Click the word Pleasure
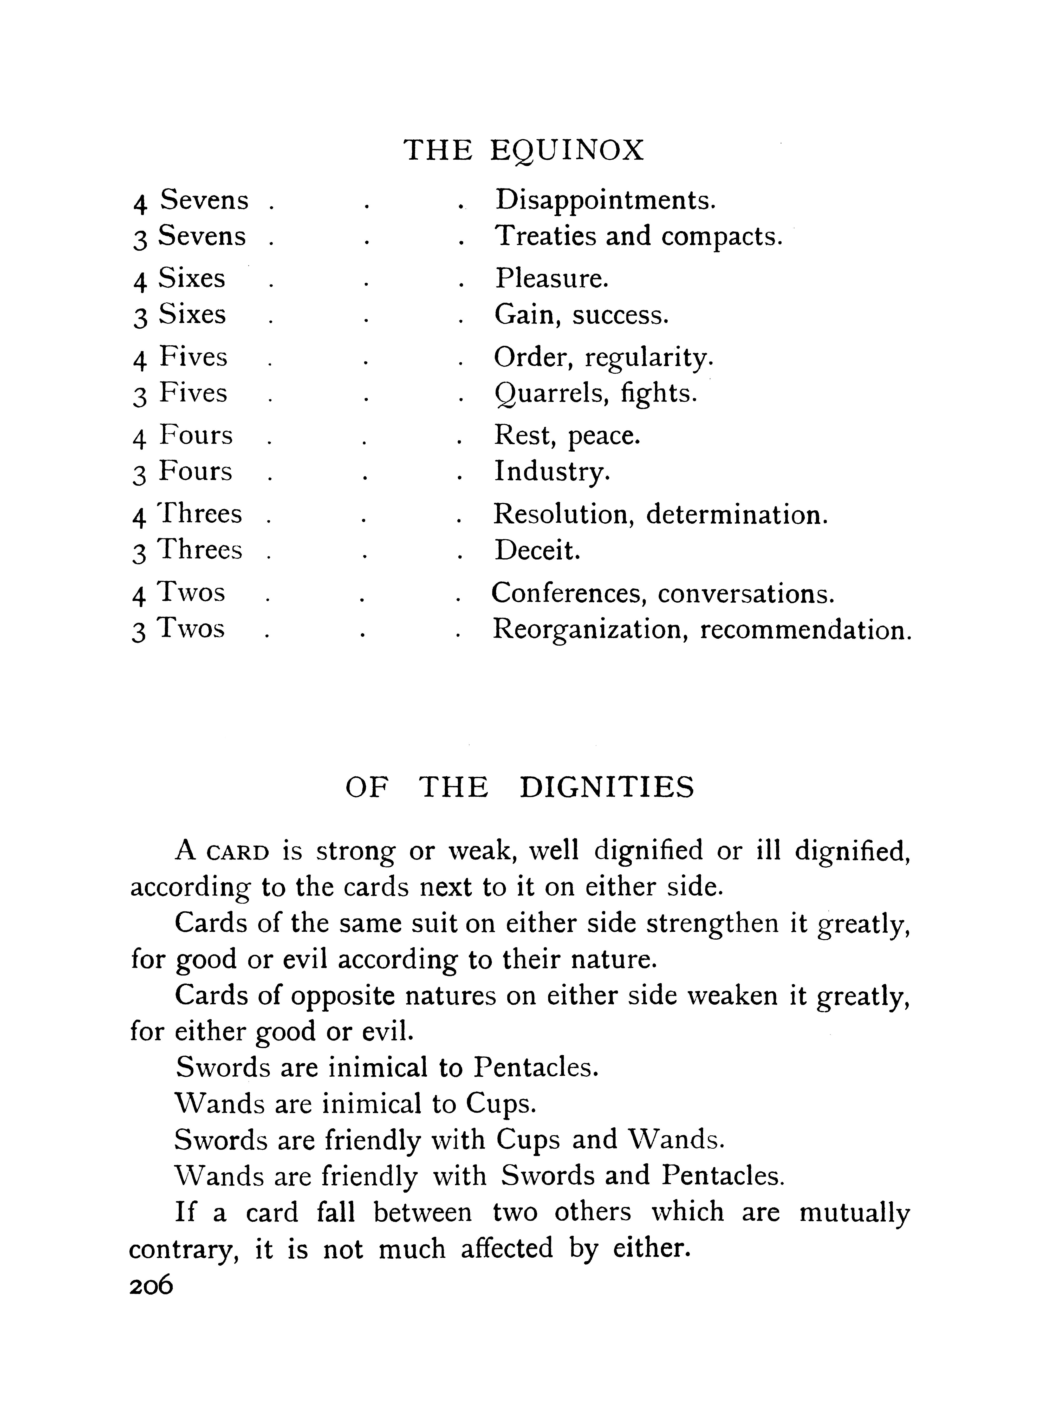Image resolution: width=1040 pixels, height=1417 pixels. [x=551, y=278]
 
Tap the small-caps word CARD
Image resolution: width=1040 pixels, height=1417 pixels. [x=238, y=853]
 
